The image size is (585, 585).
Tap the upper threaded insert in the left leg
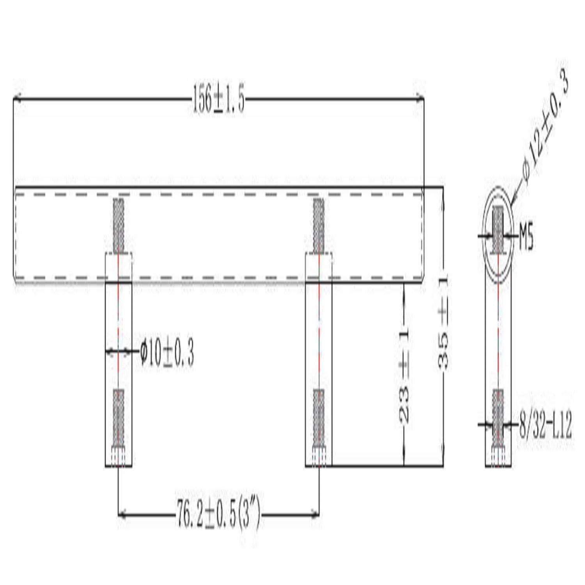[119, 225]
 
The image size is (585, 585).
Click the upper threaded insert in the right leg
[319, 225]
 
